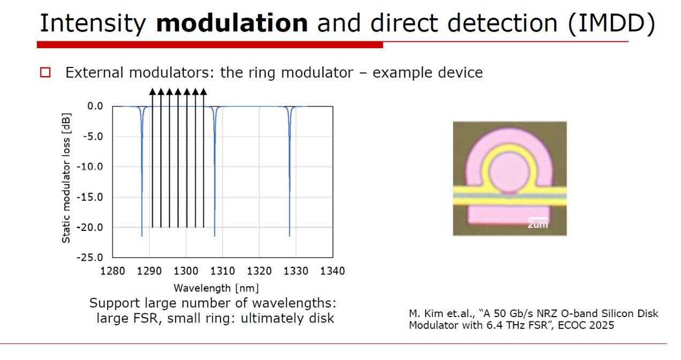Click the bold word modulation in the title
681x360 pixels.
[x=232, y=23]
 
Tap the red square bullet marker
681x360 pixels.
[x=46, y=72]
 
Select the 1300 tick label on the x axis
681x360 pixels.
[x=186, y=271]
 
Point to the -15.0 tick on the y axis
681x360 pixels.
[x=90, y=197]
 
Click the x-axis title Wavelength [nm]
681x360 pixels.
[x=216, y=288]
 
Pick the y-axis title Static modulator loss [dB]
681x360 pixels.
[x=66, y=178]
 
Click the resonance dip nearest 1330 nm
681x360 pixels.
[x=290, y=171]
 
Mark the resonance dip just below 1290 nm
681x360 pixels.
[x=142, y=171]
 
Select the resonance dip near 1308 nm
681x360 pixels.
[x=215, y=171]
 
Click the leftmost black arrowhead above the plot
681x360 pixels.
[x=153, y=92]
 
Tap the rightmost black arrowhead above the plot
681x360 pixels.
[x=203, y=92]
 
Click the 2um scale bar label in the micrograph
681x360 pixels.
[x=538, y=224]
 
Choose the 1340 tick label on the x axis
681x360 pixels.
[x=332, y=271]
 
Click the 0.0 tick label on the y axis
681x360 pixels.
[x=95, y=106]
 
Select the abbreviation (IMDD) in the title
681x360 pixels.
[x=611, y=24]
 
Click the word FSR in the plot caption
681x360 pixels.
[x=146, y=318]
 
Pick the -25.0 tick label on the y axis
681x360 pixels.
[x=90, y=258]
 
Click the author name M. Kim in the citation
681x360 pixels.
[x=427, y=313]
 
